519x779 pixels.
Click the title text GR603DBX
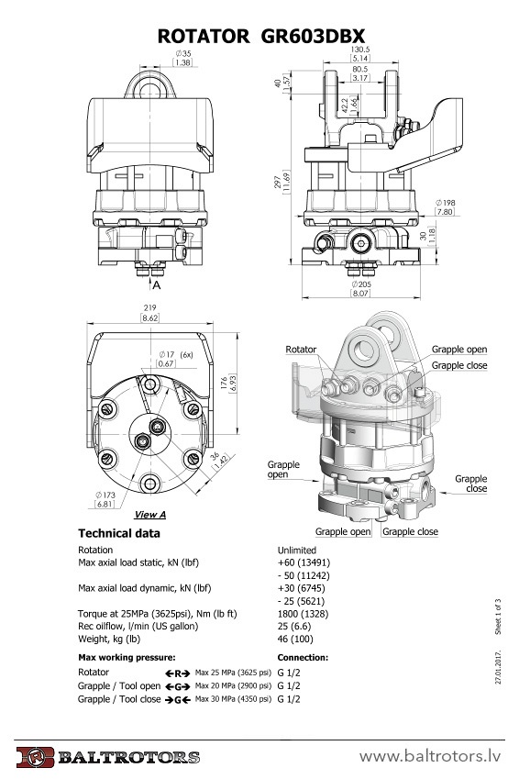pos(313,37)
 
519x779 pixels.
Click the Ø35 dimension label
pos(182,53)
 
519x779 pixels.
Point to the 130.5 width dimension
pos(360,50)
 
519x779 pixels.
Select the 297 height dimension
pos(277,183)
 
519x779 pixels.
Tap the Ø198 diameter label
pos(445,203)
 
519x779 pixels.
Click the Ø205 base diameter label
pos(361,284)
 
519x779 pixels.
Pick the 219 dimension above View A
pos(149,308)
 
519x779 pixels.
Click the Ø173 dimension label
pos(105,495)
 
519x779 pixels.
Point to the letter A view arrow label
pos(157,285)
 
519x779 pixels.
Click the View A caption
pos(150,515)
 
